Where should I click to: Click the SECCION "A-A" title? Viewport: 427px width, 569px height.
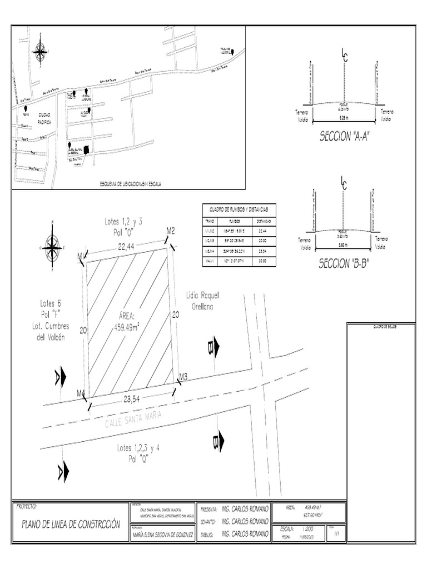coord(344,136)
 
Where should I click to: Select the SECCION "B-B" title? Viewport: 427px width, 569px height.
coord(344,264)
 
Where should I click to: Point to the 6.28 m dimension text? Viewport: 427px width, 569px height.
coord(344,117)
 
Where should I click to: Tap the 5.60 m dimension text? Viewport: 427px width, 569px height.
coord(343,243)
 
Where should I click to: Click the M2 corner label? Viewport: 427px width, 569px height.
coord(171,231)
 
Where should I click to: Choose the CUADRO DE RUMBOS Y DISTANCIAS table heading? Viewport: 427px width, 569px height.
coord(239,209)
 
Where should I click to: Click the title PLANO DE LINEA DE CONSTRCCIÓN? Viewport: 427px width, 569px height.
coord(71,523)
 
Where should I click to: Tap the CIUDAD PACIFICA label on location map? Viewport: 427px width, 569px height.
coord(44,117)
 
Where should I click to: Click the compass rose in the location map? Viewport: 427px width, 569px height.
coord(41,51)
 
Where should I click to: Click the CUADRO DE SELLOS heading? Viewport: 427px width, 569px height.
coord(381,326)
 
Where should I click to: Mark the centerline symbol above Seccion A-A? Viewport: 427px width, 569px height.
coord(344,54)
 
